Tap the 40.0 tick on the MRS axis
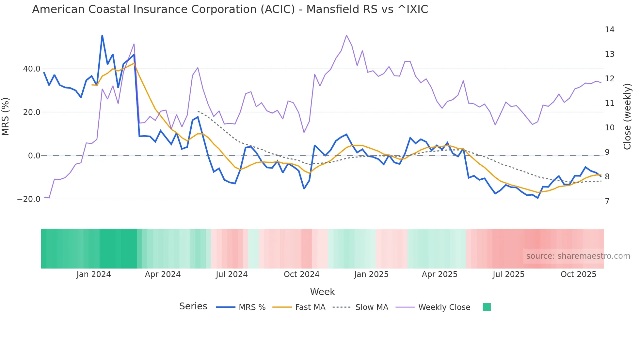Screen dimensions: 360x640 coord(32,69)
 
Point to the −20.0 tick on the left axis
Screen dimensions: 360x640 coord(29,199)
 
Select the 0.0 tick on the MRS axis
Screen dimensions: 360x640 coord(34,156)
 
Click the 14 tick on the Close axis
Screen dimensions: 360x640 coord(609,30)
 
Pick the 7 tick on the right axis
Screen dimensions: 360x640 coord(607,202)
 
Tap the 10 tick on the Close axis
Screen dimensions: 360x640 coord(609,128)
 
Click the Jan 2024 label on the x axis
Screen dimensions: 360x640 coord(94,274)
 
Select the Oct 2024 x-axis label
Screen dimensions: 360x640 coord(301,274)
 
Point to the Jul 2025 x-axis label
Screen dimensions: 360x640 coord(508,274)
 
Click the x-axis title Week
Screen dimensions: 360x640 coord(322,292)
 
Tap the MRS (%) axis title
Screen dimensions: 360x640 coord(6,117)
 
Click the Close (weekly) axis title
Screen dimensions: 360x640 coord(627,117)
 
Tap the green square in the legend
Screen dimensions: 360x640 coord(487,307)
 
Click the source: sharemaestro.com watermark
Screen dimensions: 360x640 coord(578,256)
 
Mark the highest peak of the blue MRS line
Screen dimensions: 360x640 coord(102,36)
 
